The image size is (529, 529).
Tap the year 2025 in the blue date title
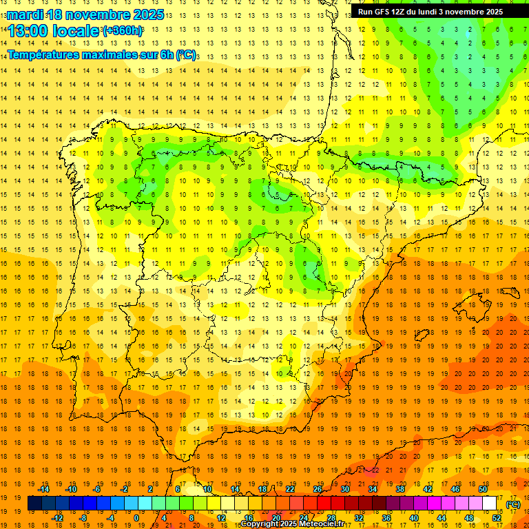[x=145, y=14]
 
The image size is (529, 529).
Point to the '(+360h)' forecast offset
[x=123, y=30]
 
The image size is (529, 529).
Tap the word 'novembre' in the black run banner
[x=465, y=12]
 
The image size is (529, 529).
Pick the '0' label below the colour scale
[x=136, y=517]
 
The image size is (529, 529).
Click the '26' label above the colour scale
[x=318, y=489]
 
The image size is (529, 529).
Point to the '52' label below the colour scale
[x=497, y=517]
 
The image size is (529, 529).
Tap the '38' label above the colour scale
[x=400, y=489]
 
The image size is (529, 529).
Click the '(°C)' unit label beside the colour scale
[x=513, y=504]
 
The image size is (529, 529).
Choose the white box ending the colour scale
[x=490, y=504]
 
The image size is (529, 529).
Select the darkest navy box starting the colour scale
[x=34, y=504]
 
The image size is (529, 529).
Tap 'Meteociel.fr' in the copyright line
[x=322, y=524]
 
